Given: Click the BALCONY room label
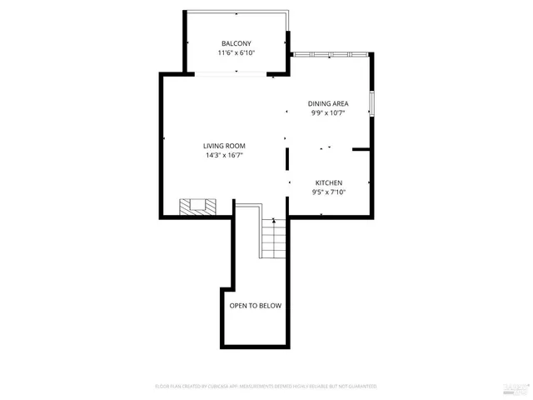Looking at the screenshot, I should click(x=236, y=43).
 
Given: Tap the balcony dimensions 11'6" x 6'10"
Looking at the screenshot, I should click(x=236, y=52).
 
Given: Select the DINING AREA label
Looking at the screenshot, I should click(x=328, y=103).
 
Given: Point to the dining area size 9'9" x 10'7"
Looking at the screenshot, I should click(x=328, y=112).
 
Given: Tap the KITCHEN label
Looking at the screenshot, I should click(x=328, y=182).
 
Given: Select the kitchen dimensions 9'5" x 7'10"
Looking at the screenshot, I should click(x=328, y=192).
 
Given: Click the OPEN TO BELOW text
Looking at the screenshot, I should click(x=256, y=306).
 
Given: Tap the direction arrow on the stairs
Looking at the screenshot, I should click(x=273, y=221).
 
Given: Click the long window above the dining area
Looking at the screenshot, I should click(x=331, y=55).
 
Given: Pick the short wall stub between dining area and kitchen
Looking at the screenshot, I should click(x=361, y=150).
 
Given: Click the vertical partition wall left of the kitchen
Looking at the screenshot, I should click(x=287, y=159).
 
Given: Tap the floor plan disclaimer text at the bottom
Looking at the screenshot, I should click(x=266, y=387).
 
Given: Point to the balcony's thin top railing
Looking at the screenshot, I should click(x=237, y=12).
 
